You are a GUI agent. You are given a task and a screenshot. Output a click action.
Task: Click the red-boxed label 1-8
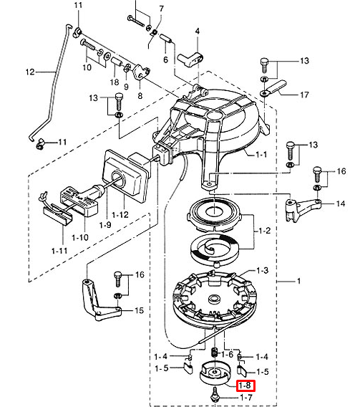pyautogui.click(x=245, y=386)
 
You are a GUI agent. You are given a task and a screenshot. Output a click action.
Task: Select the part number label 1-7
pyautogui.click(x=246, y=398)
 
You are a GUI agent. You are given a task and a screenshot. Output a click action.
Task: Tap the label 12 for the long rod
pyautogui.click(x=30, y=72)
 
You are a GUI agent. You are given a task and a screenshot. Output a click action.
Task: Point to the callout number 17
pyautogui.click(x=305, y=95)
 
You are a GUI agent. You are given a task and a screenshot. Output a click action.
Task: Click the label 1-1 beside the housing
pyautogui.click(x=261, y=155)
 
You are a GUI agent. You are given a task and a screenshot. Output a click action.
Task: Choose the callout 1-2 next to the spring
pyautogui.click(x=265, y=231)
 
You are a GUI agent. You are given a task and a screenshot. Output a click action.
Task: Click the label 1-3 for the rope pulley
pyautogui.click(x=262, y=271)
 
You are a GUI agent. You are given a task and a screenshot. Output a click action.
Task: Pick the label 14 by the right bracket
pyautogui.click(x=341, y=203)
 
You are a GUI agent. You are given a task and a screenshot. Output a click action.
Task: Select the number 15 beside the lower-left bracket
pyautogui.click(x=139, y=310)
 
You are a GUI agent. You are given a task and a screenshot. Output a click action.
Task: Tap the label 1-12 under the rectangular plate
pyautogui.click(x=120, y=215)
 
